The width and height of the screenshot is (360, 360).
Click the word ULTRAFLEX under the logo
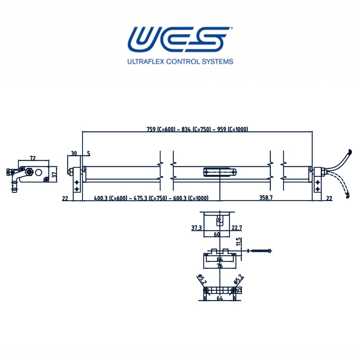click(x=146, y=62)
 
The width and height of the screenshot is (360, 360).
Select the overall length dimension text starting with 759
click(x=197, y=129)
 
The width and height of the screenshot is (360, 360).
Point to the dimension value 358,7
click(x=266, y=197)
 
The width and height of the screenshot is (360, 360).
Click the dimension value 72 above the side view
click(x=33, y=158)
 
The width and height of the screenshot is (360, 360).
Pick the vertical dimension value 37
click(x=54, y=175)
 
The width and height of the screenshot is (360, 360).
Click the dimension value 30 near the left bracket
click(x=74, y=153)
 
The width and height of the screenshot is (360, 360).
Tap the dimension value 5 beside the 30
click(x=89, y=153)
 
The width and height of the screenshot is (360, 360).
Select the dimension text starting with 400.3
click(x=151, y=198)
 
